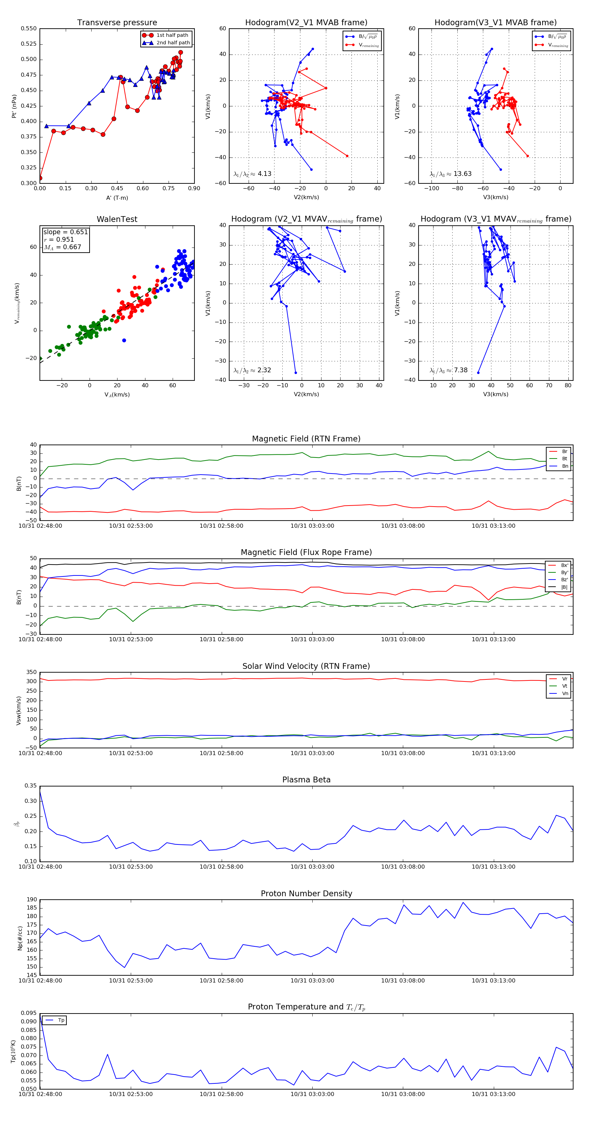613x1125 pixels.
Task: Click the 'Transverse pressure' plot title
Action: [117, 23]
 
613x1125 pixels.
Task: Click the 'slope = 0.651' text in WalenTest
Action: [65, 232]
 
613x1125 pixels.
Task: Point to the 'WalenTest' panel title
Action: [117, 219]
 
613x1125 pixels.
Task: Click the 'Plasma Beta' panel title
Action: [306, 780]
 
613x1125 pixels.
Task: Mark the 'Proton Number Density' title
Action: [306, 894]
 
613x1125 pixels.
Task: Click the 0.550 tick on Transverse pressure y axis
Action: [29, 29]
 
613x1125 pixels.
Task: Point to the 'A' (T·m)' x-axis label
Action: [117, 198]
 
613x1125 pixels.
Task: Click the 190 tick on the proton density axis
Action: [32, 900]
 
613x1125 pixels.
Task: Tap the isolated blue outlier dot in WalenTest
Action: [124, 340]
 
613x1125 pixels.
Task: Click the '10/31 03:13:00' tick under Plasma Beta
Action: [493, 867]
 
